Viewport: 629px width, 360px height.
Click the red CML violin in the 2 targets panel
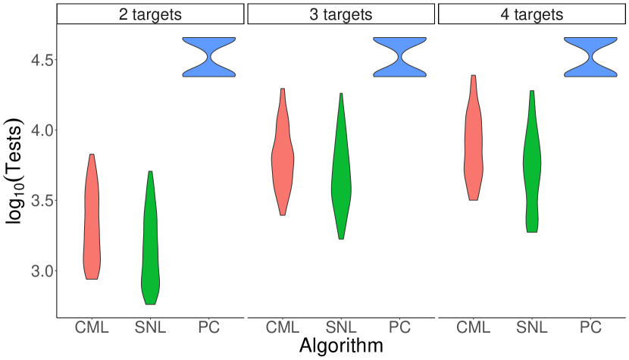coord(92,220)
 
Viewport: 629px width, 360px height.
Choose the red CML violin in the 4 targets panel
coord(473,144)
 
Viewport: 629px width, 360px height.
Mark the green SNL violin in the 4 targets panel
coord(532,167)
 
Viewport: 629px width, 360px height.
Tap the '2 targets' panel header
coord(151,14)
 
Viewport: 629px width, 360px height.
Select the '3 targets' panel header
coord(341,14)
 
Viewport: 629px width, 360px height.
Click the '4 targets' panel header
coord(531,14)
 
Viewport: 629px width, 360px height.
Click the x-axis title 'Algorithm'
coord(340,346)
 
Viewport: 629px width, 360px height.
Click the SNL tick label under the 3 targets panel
coord(341,327)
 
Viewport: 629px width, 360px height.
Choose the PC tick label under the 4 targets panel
coord(590,327)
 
